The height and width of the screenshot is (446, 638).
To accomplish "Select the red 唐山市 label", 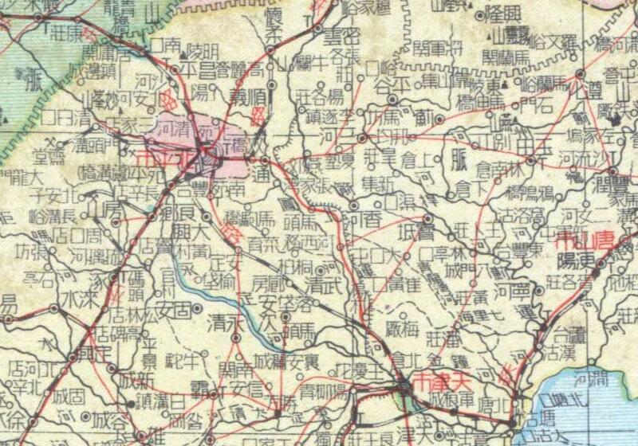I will click(x=588, y=240).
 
